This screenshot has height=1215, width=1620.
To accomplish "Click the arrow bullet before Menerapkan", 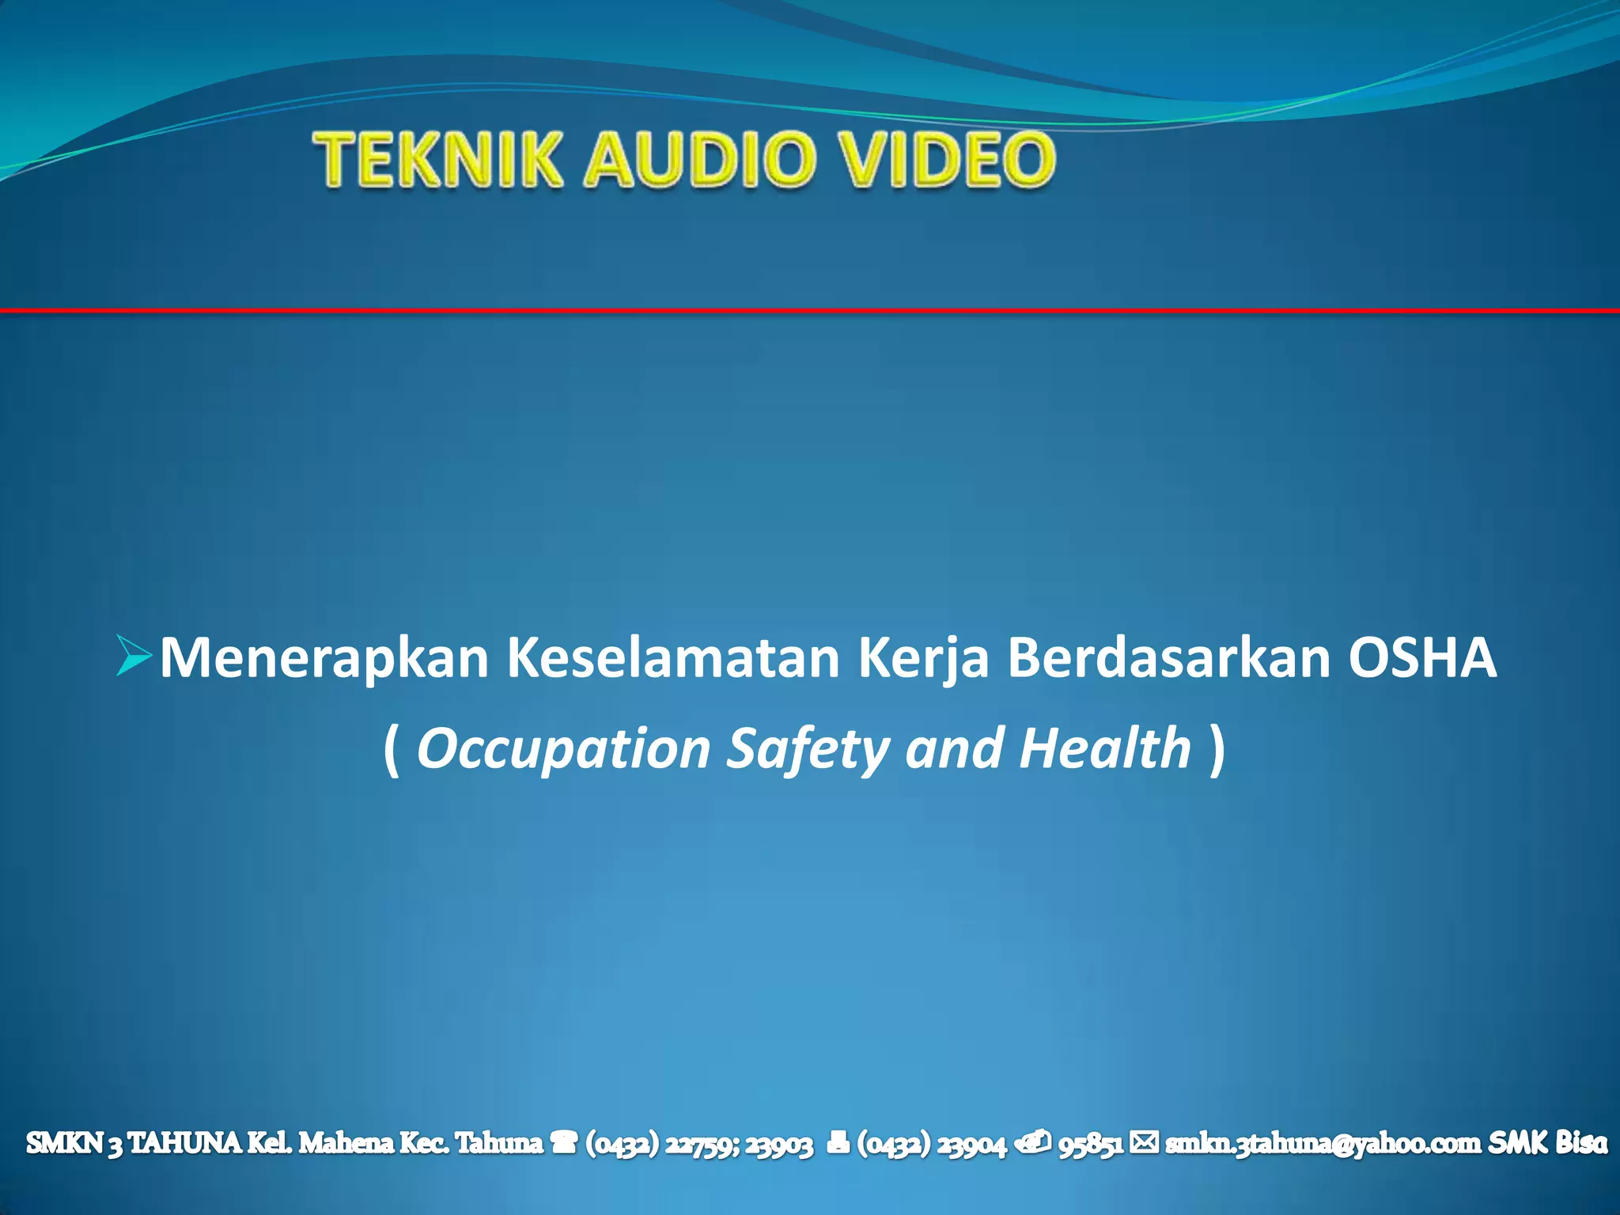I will [x=132, y=656].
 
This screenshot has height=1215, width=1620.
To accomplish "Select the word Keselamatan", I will [x=672, y=658].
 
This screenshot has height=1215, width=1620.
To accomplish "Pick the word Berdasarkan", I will [x=1169, y=658].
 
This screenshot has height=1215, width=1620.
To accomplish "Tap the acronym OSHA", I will [x=1422, y=658].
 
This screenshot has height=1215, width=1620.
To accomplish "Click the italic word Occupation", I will [x=563, y=749].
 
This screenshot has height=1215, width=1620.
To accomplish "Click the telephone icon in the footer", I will [x=564, y=1143].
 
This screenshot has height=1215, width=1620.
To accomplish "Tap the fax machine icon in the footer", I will [x=838, y=1143].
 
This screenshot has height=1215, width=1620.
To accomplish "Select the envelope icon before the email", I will [x=1144, y=1142].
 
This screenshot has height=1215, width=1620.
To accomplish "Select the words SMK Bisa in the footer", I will [x=1548, y=1143].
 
